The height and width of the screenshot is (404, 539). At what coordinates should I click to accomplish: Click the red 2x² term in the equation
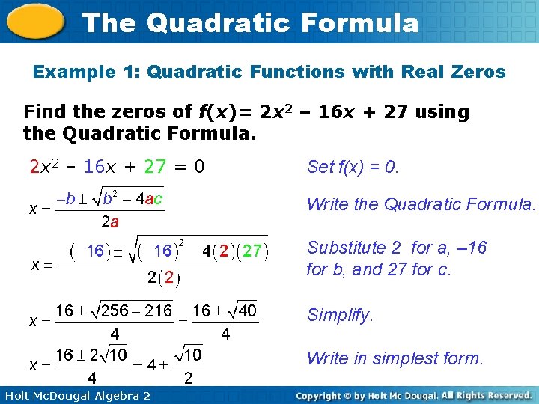tap(44, 166)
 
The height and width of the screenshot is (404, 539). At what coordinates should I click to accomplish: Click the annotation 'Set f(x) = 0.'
tap(353, 167)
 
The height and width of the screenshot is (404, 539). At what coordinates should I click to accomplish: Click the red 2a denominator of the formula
tap(109, 221)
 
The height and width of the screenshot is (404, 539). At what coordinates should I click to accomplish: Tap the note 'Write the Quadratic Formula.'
tap(421, 204)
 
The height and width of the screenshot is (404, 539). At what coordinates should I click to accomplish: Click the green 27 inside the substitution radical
tap(253, 251)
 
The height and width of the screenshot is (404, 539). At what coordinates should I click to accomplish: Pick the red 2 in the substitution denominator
tap(169, 278)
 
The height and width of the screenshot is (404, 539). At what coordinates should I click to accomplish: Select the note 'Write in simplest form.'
tap(395, 358)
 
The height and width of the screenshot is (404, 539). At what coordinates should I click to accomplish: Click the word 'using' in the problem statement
tap(442, 112)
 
